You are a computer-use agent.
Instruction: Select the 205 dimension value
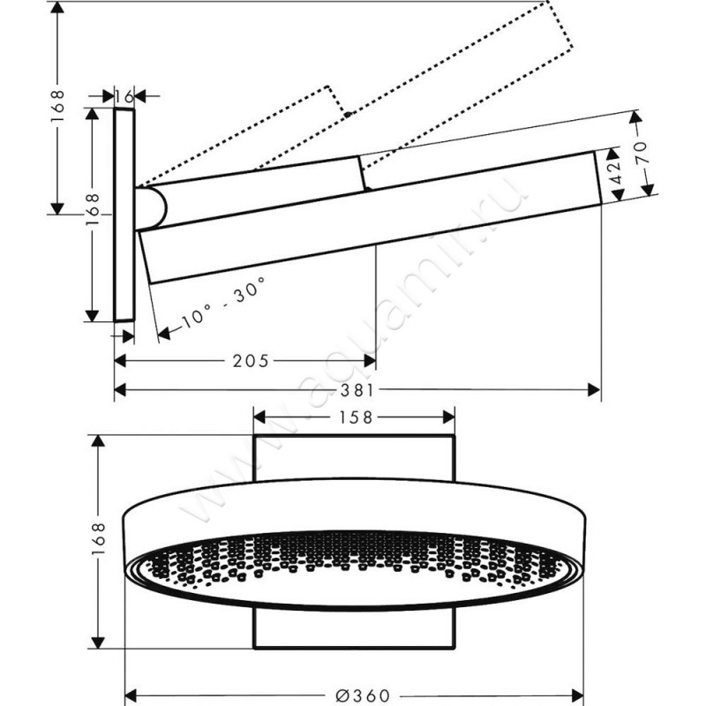click(x=251, y=360)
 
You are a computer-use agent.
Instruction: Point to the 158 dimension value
click(x=353, y=417)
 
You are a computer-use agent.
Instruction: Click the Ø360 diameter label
click(x=357, y=695)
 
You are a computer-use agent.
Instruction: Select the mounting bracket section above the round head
click(x=354, y=457)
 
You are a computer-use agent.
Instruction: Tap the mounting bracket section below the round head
click(x=354, y=628)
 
